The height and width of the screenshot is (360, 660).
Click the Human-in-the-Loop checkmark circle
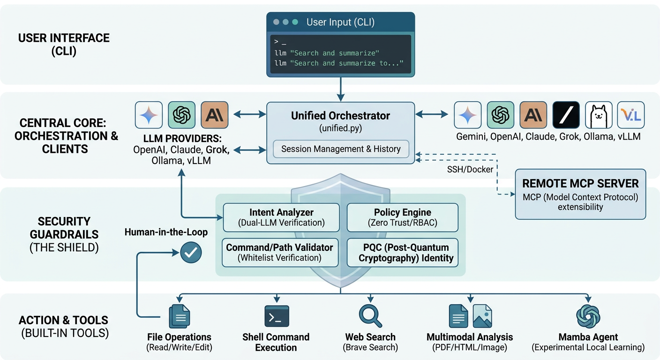tap(191, 253)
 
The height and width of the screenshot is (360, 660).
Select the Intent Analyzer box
tap(281, 217)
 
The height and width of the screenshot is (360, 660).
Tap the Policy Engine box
tap(403, 217)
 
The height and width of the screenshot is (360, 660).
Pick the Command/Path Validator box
tap(280, 253)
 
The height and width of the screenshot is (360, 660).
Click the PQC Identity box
tap(403, 253)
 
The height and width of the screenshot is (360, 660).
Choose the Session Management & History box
tap(341, 149)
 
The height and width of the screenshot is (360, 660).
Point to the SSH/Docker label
tap(470, 170)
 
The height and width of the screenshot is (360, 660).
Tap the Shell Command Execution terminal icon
tap(277, 316)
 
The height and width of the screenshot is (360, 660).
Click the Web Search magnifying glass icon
tap(370, 315)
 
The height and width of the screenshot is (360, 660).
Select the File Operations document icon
tap(179, 316)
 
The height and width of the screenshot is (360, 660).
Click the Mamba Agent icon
tap(588, 316)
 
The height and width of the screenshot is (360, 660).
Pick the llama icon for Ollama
tap(599, 115)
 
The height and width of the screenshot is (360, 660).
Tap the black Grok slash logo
tap(566, 115)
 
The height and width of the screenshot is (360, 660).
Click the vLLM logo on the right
tap(630, 115)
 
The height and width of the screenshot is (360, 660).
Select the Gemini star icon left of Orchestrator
tap(149, 115)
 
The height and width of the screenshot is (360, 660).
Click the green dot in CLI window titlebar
tap(295, 22)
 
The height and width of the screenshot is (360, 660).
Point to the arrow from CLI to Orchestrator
tap(341, 89)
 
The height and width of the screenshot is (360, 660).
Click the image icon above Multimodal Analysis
tap(482, 315)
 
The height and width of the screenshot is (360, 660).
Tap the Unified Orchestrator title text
tap(340, 115)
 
